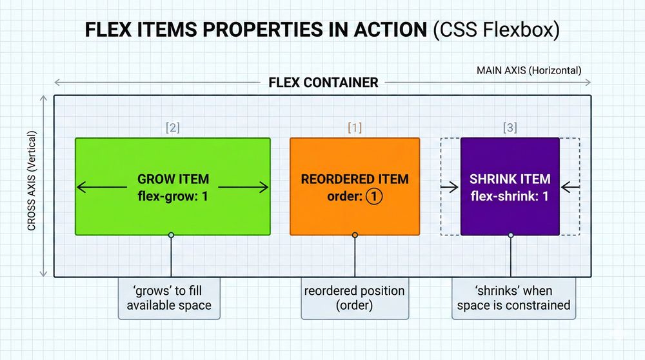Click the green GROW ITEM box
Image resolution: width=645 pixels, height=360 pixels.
(172, 155)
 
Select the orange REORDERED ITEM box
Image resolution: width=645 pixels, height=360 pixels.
(354, 155)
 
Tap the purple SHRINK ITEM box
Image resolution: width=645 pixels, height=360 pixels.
(510, 155)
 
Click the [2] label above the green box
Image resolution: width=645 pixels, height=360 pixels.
(172, 128)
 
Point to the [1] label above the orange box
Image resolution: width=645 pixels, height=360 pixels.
(354, 128)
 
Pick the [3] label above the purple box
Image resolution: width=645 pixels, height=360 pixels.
(510, 128)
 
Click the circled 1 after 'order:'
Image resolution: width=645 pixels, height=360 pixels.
(374, 197)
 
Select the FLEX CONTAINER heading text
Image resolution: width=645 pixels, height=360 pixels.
(322, 83)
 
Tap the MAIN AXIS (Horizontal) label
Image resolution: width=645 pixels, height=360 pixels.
(528, 70)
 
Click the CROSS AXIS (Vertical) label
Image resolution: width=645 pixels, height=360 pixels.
(32, 181)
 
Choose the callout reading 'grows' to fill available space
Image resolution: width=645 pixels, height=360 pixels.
(169, 297)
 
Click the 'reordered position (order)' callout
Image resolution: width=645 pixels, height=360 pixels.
(354, 297)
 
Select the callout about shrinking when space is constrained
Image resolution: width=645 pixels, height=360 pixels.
(513, 297)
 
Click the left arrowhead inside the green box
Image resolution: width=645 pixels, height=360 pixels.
(81, 188)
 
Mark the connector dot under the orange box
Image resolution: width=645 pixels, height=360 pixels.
(354, 235)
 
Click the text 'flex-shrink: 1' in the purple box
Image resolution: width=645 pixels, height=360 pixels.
(510, 196)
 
